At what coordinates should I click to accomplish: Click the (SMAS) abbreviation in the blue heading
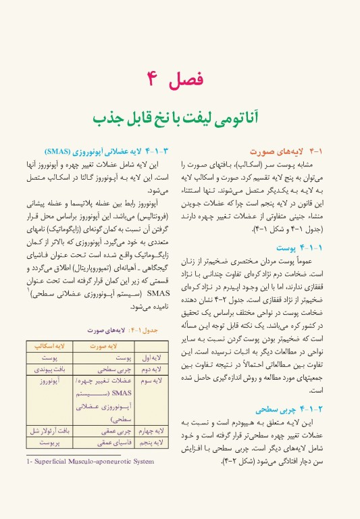coord(61,151)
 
